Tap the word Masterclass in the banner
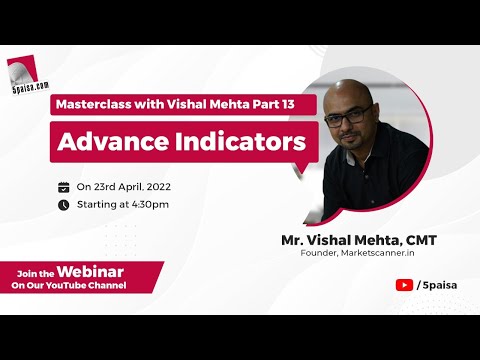click(x=96, y=104)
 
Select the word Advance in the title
click(x=107, y=141)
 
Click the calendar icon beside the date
click(x=64, y=187)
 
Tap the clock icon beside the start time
click(x=64, y=205)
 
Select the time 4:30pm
click(x=149, y=205)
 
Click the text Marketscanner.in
click(x=380, y=253)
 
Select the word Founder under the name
click(x=321, y=253)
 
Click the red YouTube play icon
click(x=403, y=284)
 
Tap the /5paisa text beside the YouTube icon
click(x=432, y=284)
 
